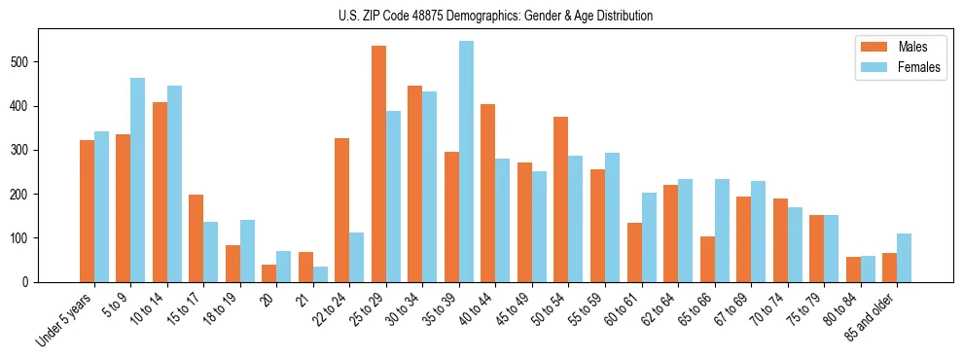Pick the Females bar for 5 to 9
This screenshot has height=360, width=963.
(137, 180)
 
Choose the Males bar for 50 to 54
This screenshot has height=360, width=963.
(560, 199)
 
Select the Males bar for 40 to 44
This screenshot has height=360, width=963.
(487, 193)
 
